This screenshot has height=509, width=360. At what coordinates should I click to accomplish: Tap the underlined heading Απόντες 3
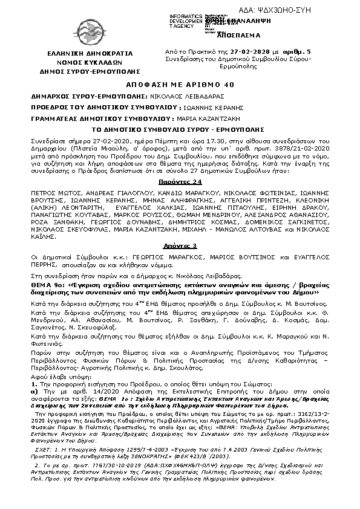pos(180,247)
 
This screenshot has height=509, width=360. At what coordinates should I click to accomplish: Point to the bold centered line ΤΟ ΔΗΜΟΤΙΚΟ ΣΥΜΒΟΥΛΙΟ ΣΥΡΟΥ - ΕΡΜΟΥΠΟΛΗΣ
pos(180,129)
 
